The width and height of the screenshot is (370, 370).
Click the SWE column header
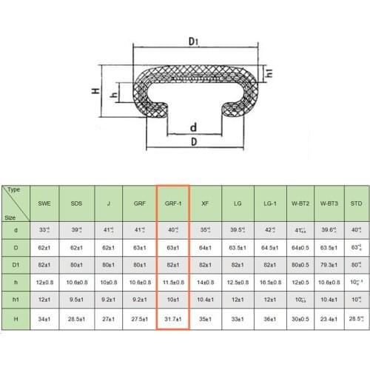pos(44,202)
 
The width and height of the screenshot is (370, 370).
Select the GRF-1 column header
pos(173,202)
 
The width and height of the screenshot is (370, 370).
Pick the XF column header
pos(205,202)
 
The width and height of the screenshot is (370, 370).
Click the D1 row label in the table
pos(15,262)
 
